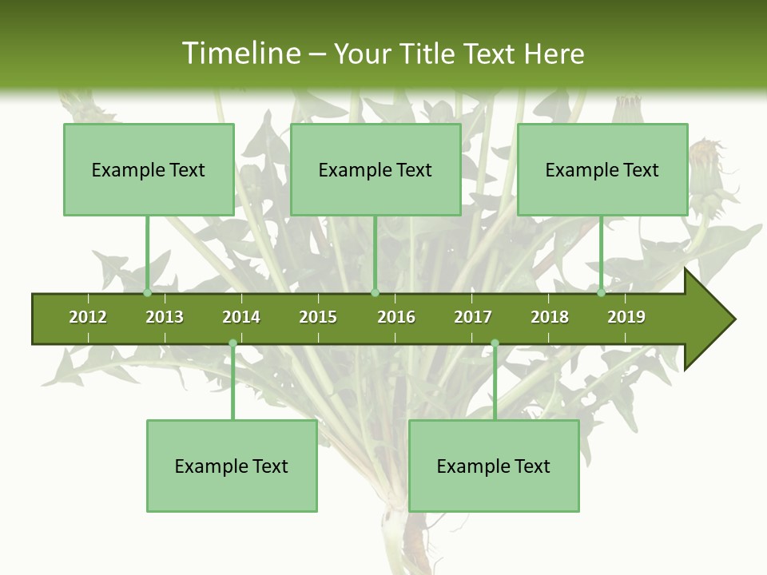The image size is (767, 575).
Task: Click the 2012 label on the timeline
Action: [x=88, y=317]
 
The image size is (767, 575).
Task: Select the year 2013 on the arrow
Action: [x=165, y=317]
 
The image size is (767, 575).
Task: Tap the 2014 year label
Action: [x=241, y=317]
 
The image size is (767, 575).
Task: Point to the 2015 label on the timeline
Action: [x=318, y=317]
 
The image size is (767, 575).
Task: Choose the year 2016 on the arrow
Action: [x=396, y=317]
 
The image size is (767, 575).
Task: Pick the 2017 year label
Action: [x=473, y=317]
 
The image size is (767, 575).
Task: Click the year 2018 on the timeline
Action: [x=550, y=317]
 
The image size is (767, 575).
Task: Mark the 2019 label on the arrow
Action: [x=626, y=317]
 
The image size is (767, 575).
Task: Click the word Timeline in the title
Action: [x=240, y=54]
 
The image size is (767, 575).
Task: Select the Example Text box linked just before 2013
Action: [x=149, y=169]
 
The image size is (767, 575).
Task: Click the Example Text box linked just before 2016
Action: [x=376, y=169]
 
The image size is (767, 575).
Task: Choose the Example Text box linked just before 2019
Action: [x=602, y=169]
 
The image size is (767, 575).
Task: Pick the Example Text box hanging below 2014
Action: [x=232, y=466]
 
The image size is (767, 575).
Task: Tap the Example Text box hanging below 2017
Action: [x=494, y=466]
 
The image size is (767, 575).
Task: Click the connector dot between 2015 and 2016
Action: [x=375, y=293]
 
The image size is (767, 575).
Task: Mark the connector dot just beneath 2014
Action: [x=232, y=343]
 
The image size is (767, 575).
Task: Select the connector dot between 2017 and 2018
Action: [x=495, y=343]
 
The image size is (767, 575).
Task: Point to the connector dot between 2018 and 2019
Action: [x=602, y=293]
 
